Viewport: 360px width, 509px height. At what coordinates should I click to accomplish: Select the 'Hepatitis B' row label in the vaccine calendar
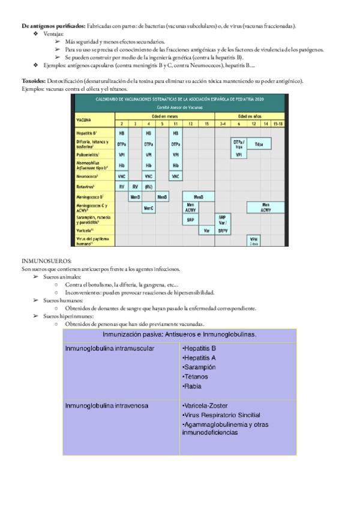coord(86,133)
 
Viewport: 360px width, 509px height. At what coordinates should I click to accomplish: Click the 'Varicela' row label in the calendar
coord(85,230)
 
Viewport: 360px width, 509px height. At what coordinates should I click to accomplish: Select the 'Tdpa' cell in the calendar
coord(259,144)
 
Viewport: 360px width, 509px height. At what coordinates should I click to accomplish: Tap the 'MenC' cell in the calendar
coord(149,208)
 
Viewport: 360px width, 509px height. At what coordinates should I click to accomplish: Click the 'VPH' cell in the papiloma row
coord(253,239)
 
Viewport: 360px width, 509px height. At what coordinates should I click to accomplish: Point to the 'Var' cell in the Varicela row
coord(206,230)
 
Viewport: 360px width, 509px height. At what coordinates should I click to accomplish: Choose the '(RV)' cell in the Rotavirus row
coord(149,187)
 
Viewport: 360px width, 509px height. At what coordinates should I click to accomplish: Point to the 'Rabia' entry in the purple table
coord(191,387)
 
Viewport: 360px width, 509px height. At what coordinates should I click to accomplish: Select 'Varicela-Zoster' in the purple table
coord(205,406)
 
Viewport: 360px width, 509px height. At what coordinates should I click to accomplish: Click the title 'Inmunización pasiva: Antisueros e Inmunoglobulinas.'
coord(180,334)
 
